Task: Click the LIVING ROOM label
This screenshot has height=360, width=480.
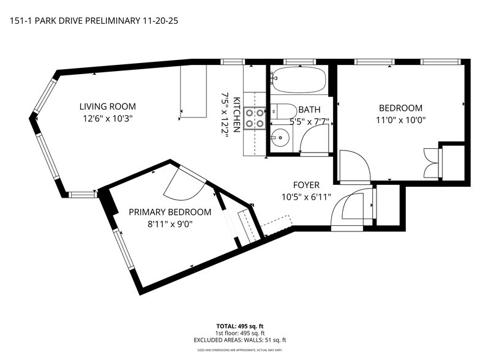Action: pos(110,107)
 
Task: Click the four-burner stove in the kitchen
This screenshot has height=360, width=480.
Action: pos(254,118)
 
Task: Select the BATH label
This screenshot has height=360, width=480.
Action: pos(309,110)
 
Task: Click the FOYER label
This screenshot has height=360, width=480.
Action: pos(306,185)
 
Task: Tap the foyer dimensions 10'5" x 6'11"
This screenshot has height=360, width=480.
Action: pos(306,197)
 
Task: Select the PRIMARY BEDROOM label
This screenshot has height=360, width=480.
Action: pos(170,212)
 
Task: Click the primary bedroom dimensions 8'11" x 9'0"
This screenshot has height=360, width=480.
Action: pos(170,224)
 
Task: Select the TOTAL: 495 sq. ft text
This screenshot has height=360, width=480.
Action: pos(240,326)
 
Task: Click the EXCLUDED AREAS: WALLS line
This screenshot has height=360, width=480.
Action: pos(240,340)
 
